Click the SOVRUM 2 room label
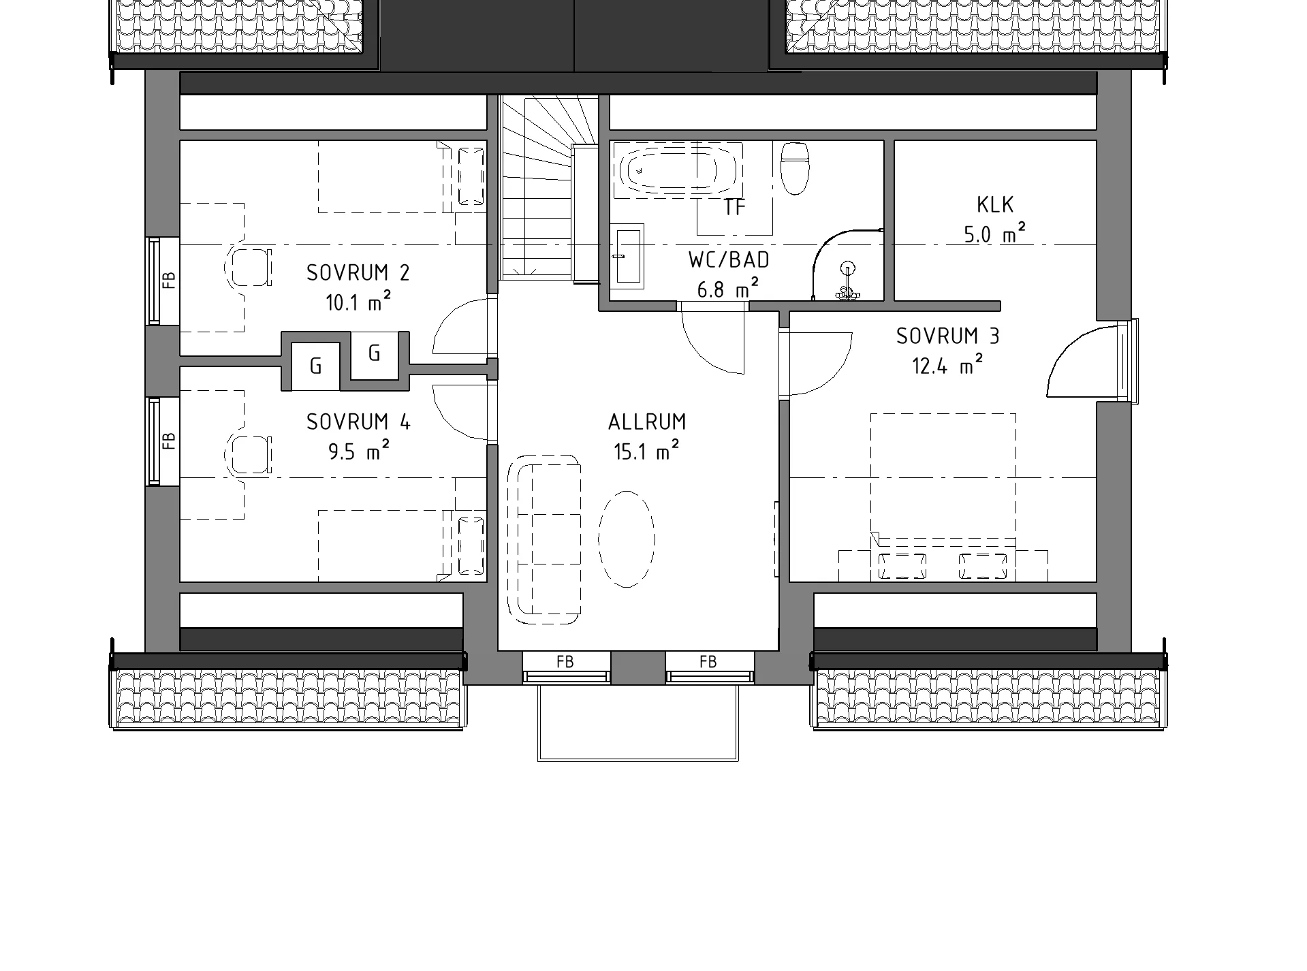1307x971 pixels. pos(358,273)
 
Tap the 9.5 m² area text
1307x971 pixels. pos(359,451)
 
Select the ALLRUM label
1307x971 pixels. pos(647,422)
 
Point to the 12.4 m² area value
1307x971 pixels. pos(947,366)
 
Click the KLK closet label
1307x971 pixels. pos(995,204)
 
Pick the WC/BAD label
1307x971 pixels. pos(729,259)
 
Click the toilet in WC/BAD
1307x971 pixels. pos(794,168)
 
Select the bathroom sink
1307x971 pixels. pos(628,255)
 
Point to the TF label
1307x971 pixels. pos(735,207)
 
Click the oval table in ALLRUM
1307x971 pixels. pos(627,538)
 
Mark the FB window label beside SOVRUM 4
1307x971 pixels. pos(170,441)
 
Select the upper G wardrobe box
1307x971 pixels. pos(374,353)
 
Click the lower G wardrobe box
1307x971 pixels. pos(315,366)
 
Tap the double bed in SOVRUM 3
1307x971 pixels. pos(943,497)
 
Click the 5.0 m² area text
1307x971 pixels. pos(995,234)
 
